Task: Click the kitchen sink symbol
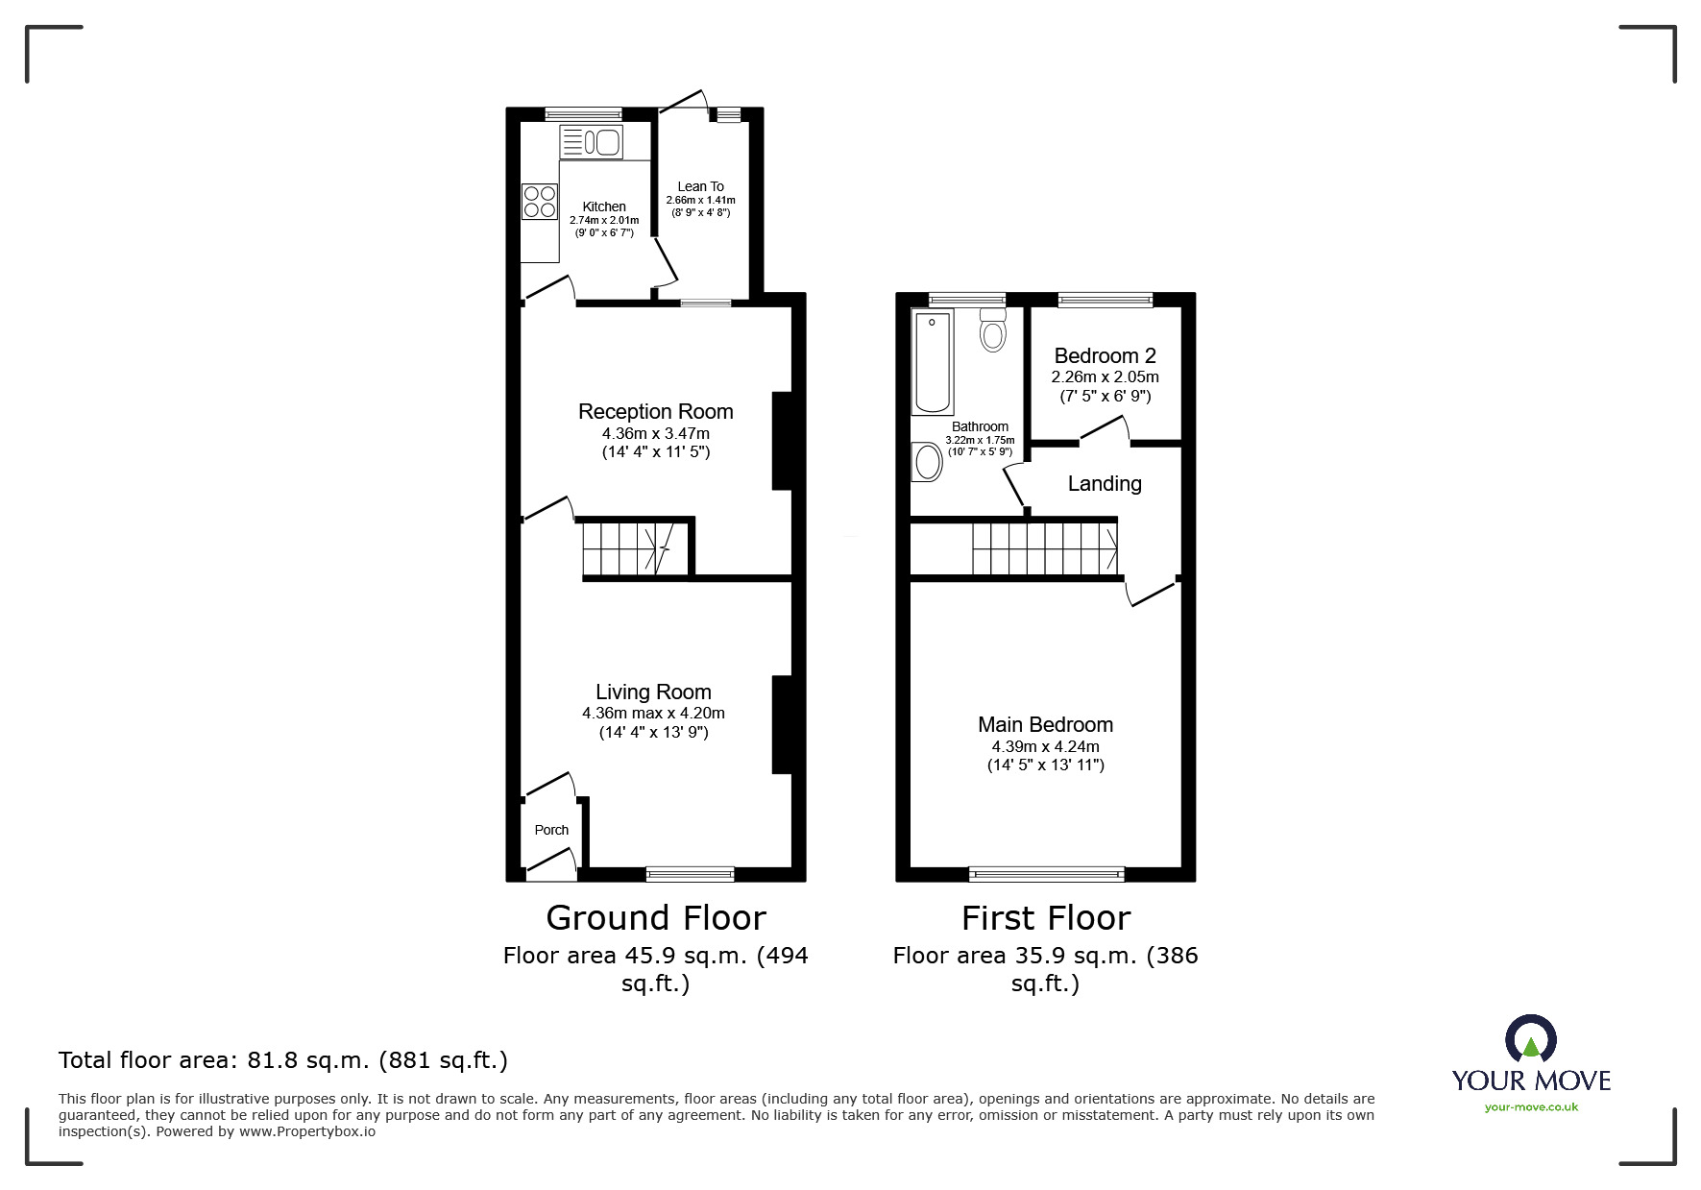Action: coord(592,142)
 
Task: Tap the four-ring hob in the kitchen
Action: coord(539,202)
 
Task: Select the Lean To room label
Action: coord(700,186)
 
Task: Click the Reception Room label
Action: coord(655,411)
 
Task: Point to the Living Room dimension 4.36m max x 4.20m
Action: coord(653,713)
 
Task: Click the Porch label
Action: coord(551,830)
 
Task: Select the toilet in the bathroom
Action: coord(993,330)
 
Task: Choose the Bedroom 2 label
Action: coord(1105,355)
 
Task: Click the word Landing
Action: coord(1105,483)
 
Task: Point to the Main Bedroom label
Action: coord(1045,724)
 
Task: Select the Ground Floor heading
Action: coord(655,917)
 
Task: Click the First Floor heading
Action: coord(1045,917)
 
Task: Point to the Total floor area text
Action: coord(283,1060)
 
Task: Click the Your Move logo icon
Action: coord(1530,1040)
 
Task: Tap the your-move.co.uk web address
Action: coord(1531,1107)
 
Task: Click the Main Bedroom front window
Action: coord(1046,873)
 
